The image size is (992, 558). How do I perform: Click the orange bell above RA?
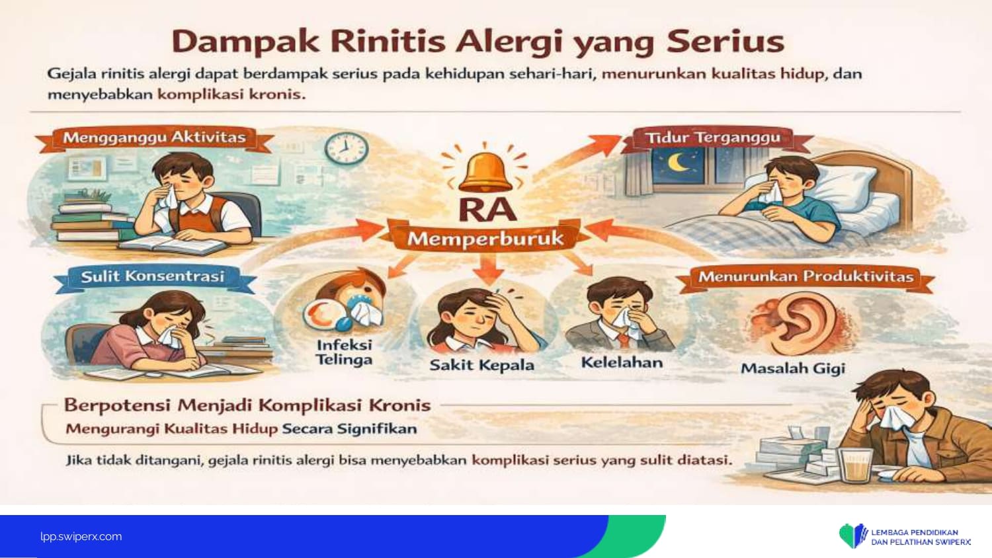485,173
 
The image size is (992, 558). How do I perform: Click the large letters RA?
487,210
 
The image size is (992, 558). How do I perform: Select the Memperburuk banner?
485,239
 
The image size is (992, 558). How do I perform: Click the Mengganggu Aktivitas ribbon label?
155,138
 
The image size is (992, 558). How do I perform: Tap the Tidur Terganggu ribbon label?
713,138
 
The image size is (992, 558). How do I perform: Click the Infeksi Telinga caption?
344,352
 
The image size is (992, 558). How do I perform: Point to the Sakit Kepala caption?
482,366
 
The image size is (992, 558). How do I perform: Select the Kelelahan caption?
622,363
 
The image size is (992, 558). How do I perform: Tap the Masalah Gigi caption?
793,368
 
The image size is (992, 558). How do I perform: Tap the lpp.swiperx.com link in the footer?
81,536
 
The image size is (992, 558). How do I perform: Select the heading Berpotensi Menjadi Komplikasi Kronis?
247,405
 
